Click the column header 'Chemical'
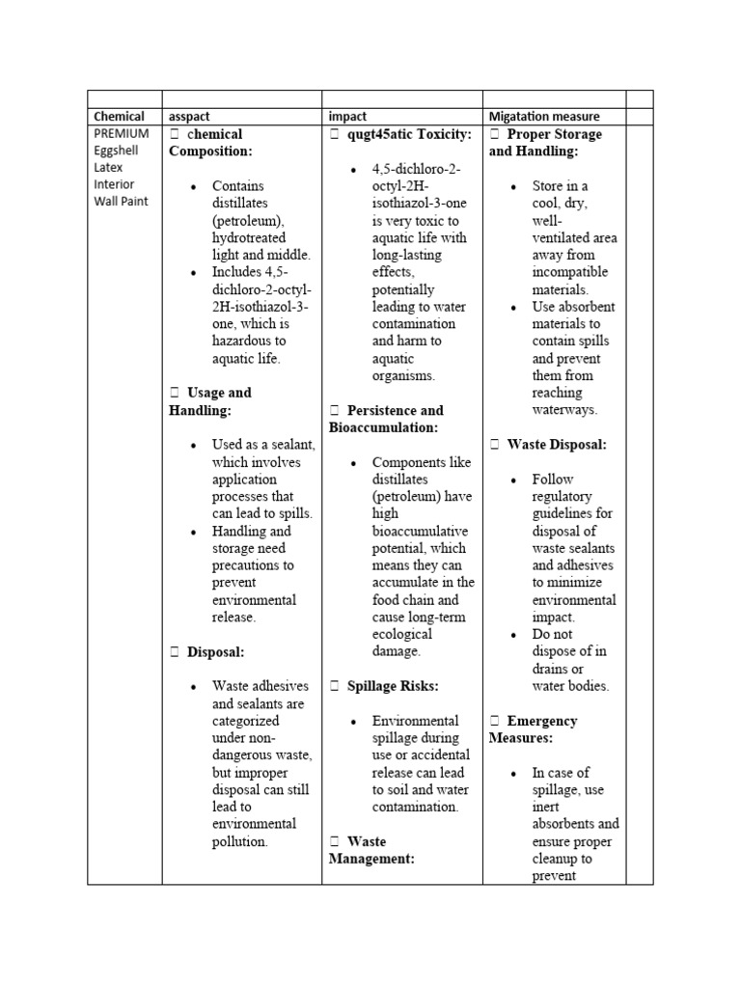[x=119, y=117]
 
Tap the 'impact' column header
[x=348, y=117]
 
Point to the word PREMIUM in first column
[x=122, y=133]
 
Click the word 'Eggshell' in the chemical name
[x=117, y=151]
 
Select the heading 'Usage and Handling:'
[x=209, y=400]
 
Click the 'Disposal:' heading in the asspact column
[x=215, y=652]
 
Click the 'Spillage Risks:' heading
[x=393, y=686]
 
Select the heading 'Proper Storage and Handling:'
[x=545, y=143]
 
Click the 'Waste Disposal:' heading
[x=557, y=445]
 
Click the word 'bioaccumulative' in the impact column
[x=420, y=532]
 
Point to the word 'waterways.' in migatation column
[x=564, y=409]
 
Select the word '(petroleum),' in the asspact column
[x=250, y=220]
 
